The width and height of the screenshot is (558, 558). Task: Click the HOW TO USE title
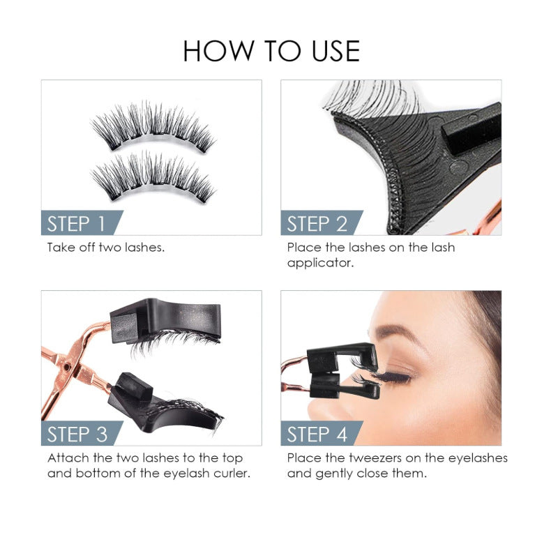271,51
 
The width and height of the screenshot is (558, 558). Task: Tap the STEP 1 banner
76,223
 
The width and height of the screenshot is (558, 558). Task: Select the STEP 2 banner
317,223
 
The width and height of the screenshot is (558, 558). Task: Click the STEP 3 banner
77,434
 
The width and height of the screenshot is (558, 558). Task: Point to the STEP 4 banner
317,434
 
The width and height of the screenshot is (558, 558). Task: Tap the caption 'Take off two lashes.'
106,248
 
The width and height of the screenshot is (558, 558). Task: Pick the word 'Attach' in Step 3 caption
66,458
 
